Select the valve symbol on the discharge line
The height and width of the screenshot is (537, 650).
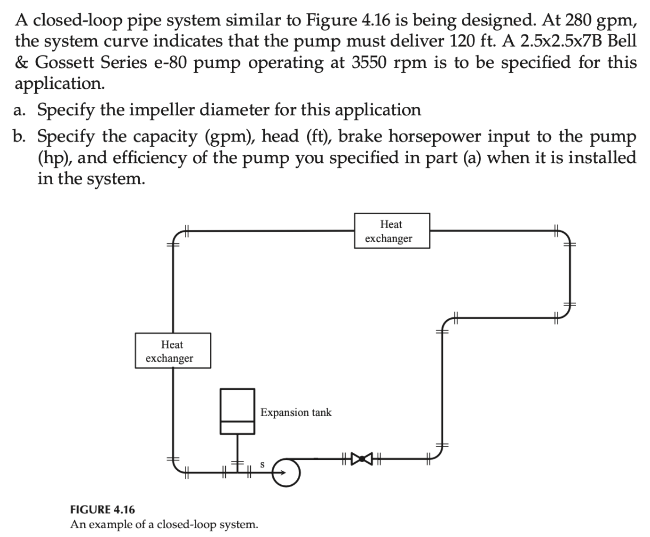(x=361, y=457)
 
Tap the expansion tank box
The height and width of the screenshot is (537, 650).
(x=238, y=411)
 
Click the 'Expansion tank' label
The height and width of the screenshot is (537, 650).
(x=296, y=412)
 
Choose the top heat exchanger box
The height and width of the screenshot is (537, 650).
(x=391, y=231)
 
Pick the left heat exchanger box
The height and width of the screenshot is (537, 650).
(x=173, y=351)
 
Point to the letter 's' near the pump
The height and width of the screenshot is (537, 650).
(x=262, y=464)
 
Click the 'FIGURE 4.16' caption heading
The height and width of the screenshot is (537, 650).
(x=102, y=509)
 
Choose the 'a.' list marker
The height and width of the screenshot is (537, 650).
(x=20, y=110)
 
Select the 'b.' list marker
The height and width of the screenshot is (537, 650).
(x=20, y=136)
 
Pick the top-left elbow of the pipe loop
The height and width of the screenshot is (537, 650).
(x=177, y=235)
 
